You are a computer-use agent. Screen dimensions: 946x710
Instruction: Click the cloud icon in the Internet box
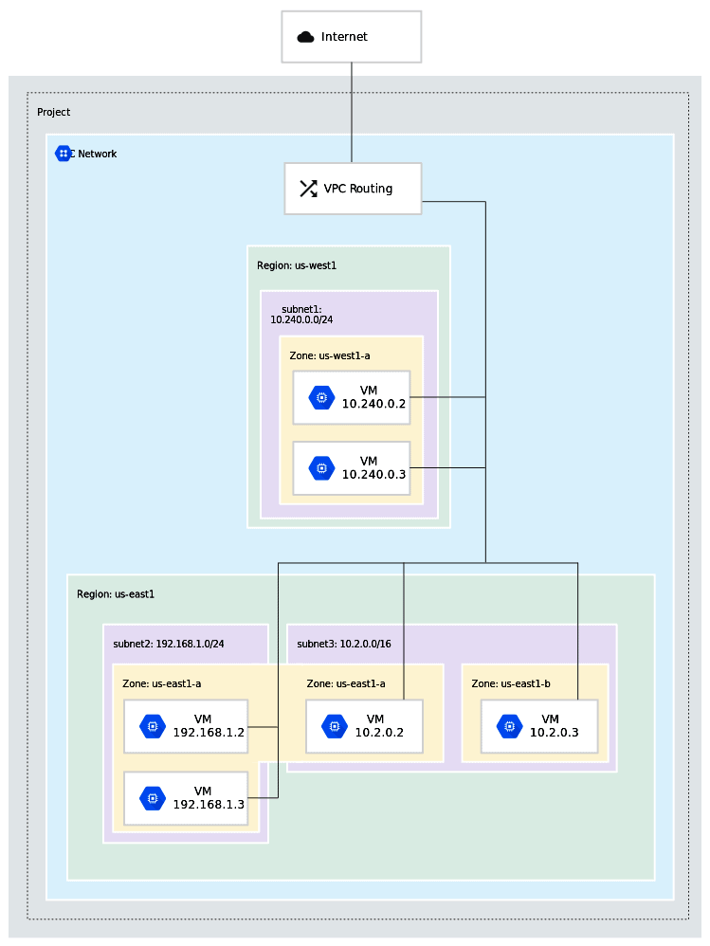click(305, 37)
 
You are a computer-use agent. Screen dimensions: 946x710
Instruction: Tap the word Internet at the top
click(344, 37)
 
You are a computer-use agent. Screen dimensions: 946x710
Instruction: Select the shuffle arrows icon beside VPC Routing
click(308, 189)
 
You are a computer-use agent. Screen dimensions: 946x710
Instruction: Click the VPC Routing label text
click(357, 189)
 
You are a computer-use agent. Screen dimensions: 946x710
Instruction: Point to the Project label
click(53, 112)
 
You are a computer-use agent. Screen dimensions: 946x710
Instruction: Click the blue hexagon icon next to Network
click(64, 154)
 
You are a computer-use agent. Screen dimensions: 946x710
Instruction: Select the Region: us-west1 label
click(297, 265)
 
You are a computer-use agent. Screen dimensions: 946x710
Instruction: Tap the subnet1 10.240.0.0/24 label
click(301, 315)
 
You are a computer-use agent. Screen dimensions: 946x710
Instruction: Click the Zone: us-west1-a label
click(329, 355)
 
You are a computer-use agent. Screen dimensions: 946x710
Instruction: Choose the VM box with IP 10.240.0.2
click(352, 397)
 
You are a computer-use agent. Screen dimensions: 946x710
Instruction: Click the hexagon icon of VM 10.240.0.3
click(321, 468)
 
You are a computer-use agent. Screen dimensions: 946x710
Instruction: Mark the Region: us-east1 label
click(116, 594)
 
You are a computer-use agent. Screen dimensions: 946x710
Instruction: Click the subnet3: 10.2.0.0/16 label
click(344, 644)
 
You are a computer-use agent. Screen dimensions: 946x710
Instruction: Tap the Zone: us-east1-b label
click(512, 683)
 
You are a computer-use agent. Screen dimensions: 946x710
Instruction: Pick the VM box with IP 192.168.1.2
click(186, 726)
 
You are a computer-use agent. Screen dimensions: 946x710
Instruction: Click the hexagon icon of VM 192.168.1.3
click(153, 798)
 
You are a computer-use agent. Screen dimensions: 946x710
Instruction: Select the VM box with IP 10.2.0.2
click(364, 726)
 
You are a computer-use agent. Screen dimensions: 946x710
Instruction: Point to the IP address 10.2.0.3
click(554, 733)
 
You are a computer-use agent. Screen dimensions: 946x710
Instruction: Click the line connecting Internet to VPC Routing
click(352, 112)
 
